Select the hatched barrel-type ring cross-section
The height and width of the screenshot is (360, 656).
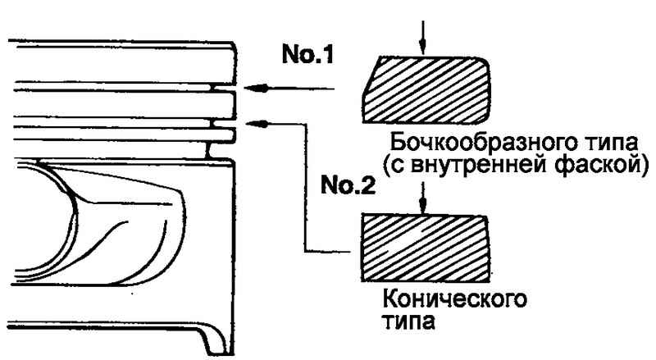coord(430,89)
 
